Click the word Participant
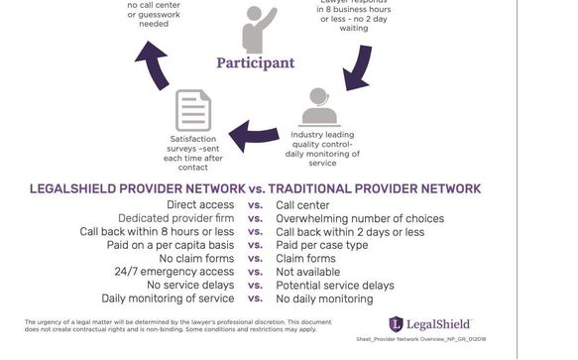(256, 62)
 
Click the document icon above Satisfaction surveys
(193, 110)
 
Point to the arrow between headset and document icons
(255, 130)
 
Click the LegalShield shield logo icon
(397, 324)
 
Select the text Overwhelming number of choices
(360, 218)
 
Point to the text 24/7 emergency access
(173, 272)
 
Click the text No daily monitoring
(324, 299)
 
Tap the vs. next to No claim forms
(255, 259)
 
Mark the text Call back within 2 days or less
(350, 231)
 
